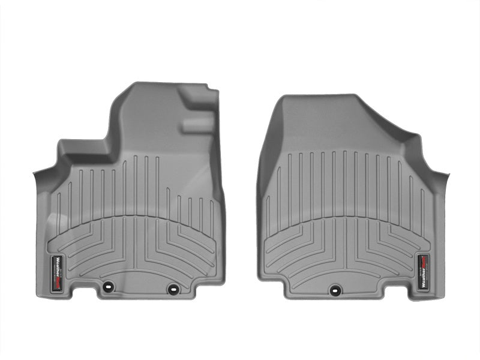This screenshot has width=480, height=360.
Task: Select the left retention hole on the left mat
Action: point(108,287)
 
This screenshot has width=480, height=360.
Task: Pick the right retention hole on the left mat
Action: point(173,288)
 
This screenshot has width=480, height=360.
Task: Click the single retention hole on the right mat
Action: point(333,288)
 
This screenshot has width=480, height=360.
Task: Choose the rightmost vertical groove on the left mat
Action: point(211,213)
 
